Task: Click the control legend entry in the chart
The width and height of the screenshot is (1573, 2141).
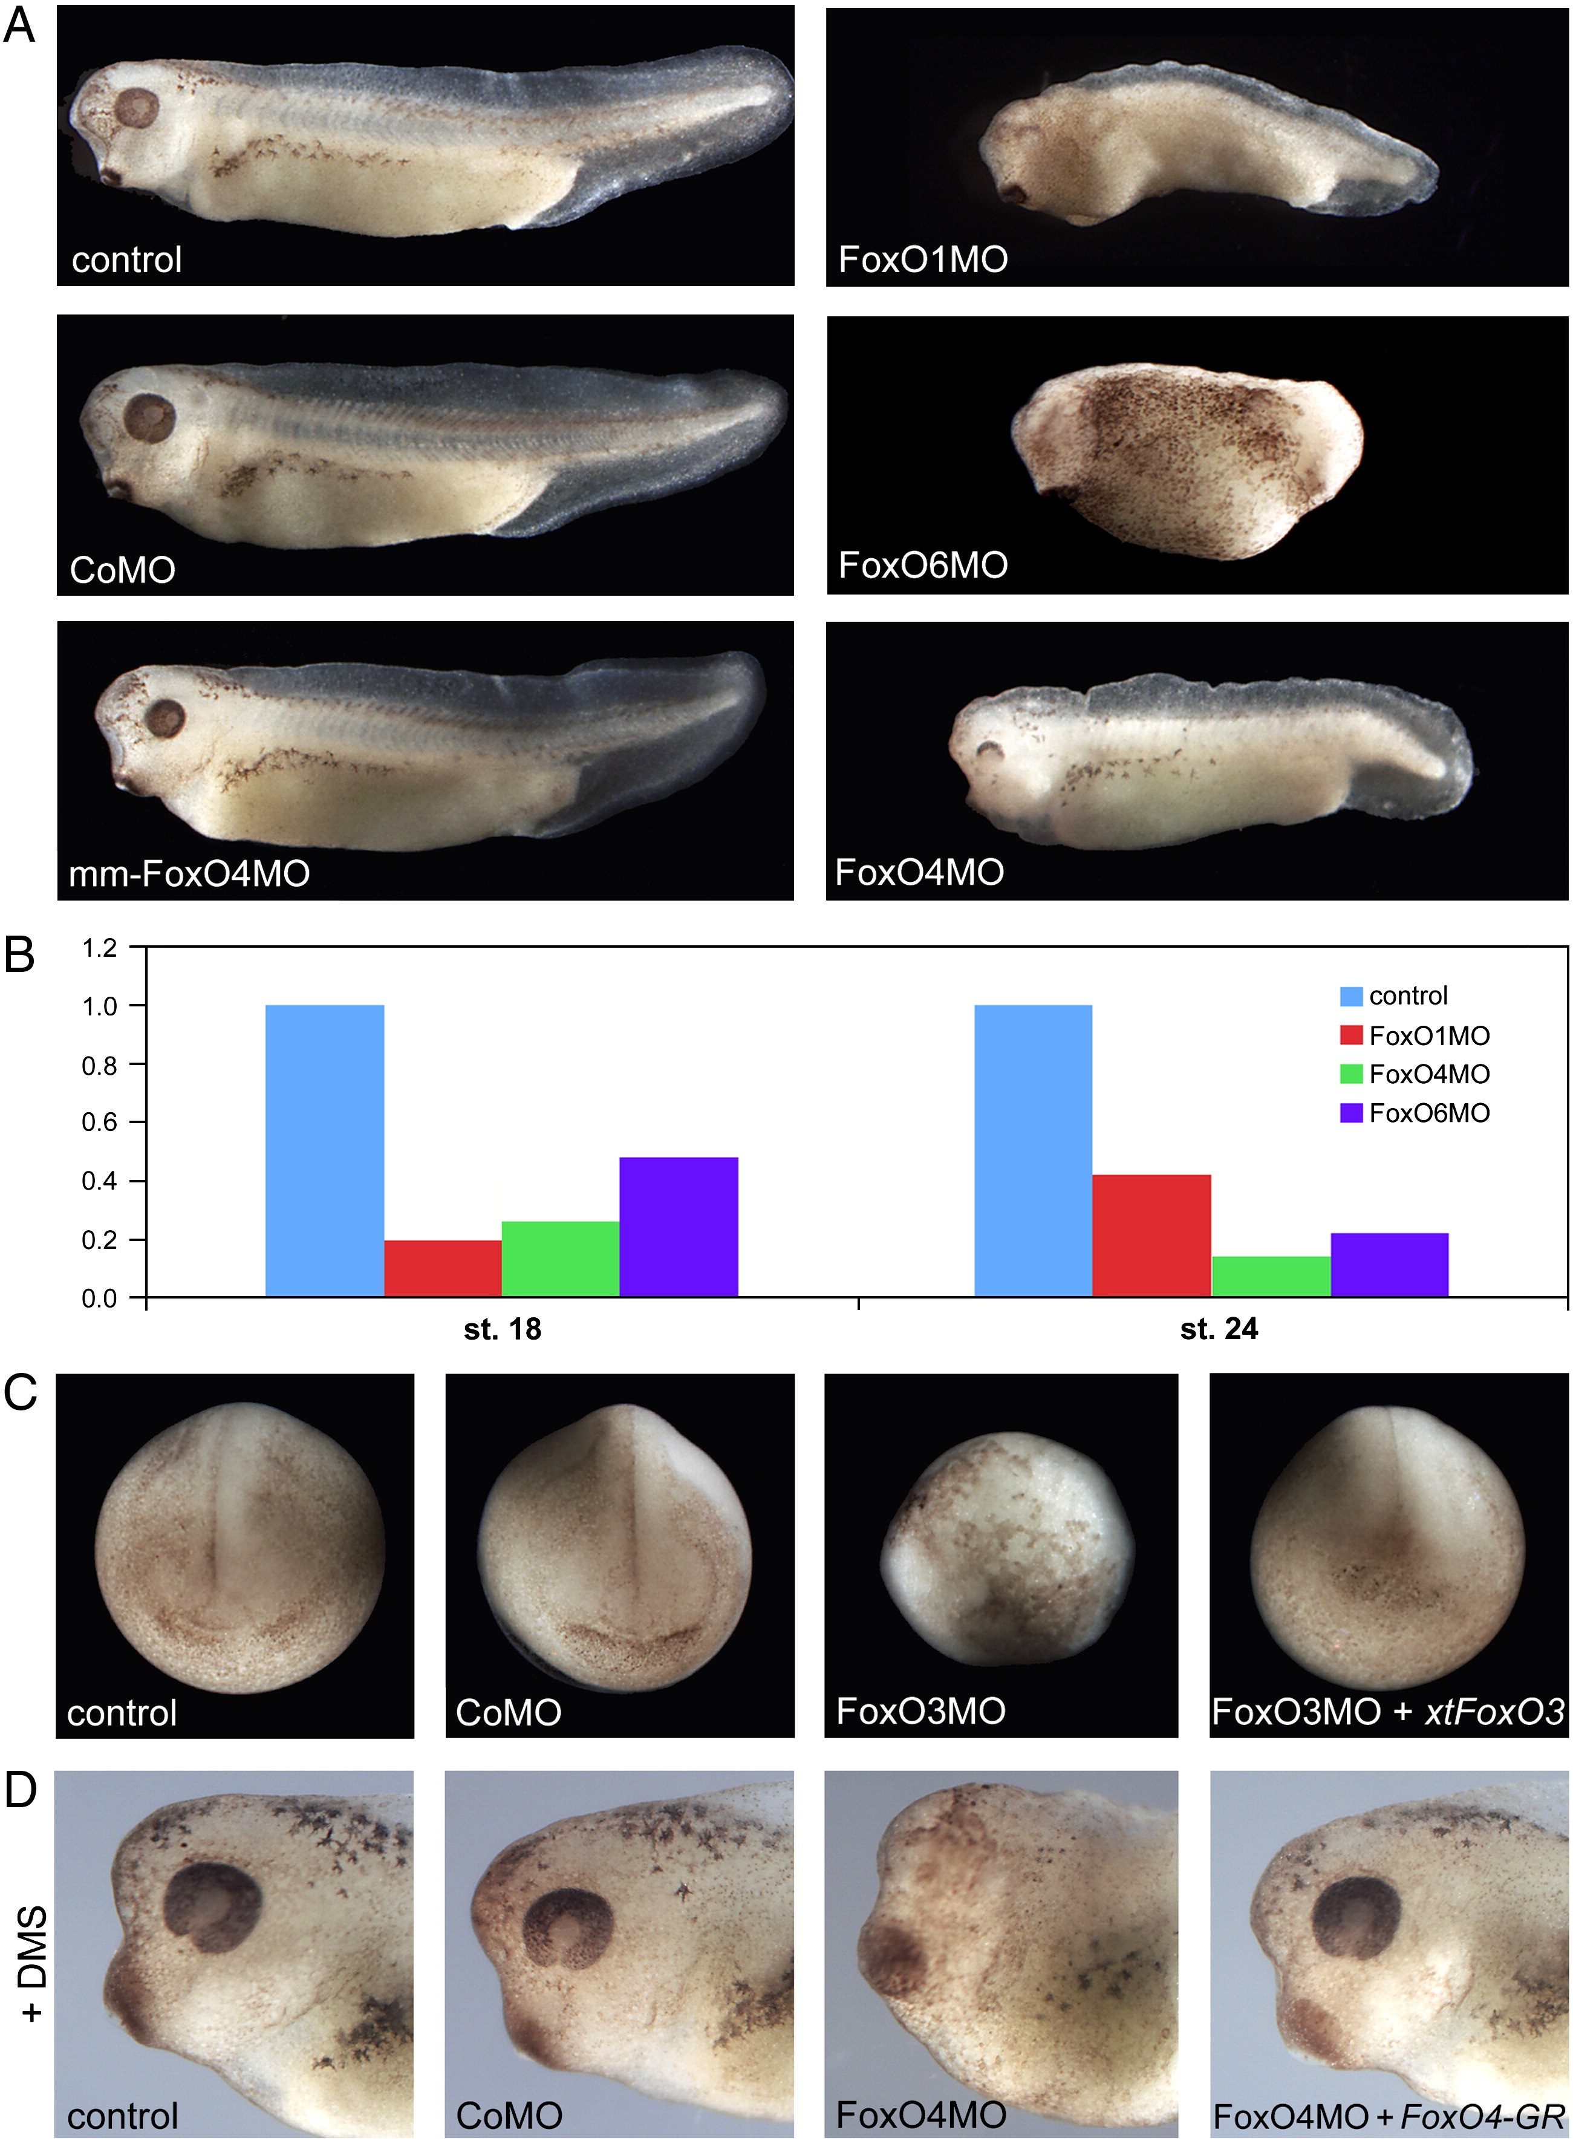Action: [x=1395, y=996]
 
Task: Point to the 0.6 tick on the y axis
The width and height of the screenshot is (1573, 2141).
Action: [x=99, y=1123]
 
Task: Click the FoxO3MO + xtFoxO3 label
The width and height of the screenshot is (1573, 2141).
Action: [x=1387, y=1711]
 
